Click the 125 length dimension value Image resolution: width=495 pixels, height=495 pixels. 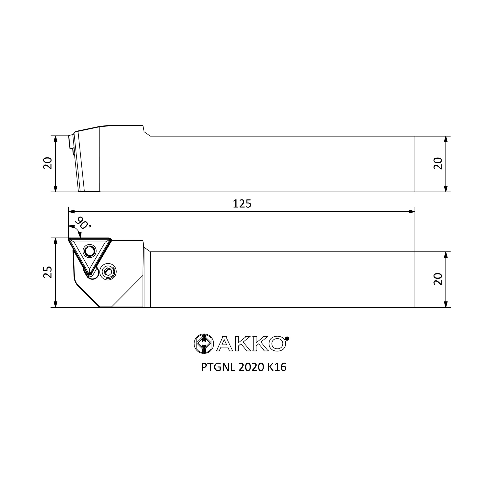pos(242,204)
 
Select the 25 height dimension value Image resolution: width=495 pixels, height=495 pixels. pos(48,272)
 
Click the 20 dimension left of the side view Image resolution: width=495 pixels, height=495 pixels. pos(48,163)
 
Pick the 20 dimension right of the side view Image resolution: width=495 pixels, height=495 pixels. pos(438,163)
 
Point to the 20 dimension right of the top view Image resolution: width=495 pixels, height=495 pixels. pos(438,279)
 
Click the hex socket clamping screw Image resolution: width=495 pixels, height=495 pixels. pos(108,272)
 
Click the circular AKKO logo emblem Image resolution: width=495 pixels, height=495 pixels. pos(204,344)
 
